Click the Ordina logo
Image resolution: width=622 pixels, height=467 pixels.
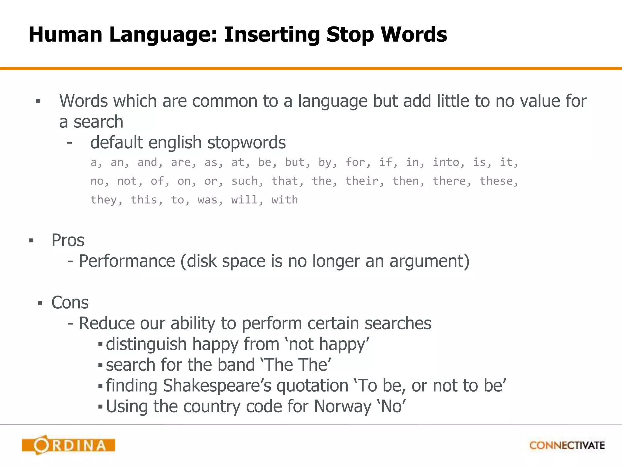68,445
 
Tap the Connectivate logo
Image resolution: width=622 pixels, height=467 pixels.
567,445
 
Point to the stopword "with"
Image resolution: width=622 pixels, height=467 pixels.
285,200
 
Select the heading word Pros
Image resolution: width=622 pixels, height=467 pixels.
68,240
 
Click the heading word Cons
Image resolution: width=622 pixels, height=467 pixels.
70,303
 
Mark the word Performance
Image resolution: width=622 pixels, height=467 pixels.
127,261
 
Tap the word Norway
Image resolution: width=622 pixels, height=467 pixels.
343,406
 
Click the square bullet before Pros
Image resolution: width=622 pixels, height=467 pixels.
31,241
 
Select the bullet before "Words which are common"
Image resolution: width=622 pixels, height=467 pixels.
38,102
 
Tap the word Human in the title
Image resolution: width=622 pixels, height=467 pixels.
65,34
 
